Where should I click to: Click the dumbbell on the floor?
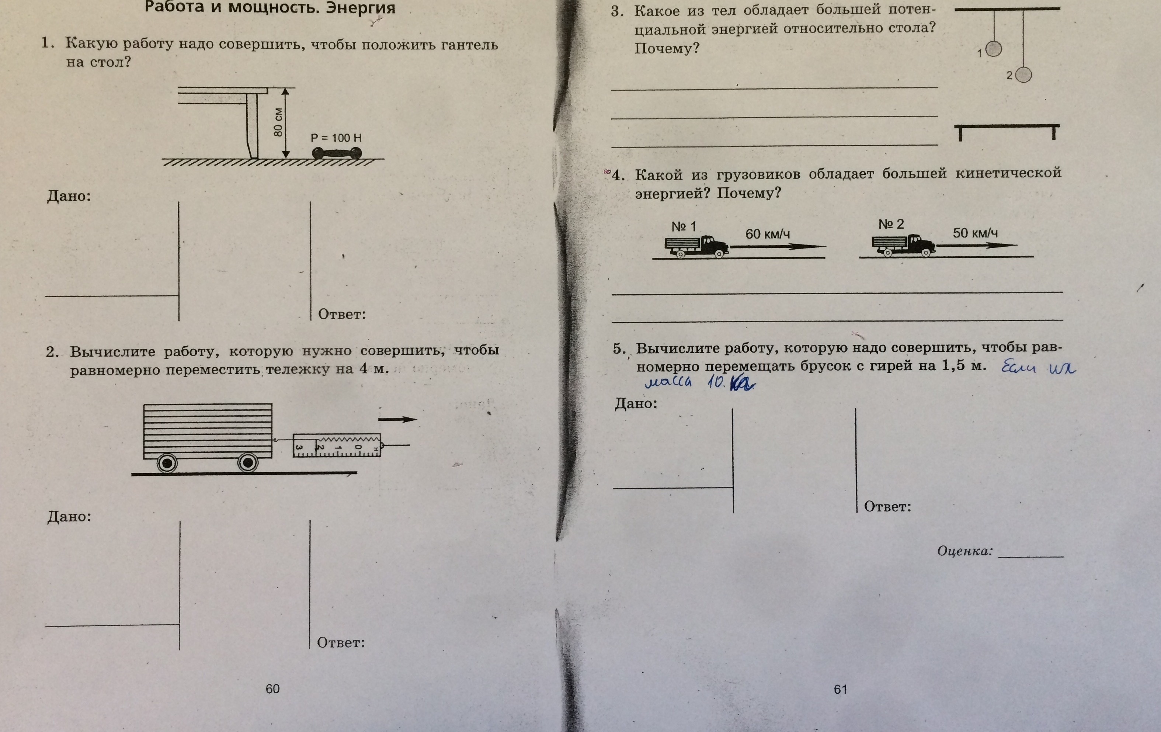click(337, 153)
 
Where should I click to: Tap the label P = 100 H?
click(336, 138)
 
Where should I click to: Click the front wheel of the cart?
click(248, 463)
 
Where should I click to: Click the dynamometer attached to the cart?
click(337, 445)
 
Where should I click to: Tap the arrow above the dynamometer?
click(397, 419)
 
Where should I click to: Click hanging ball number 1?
click(994, 49)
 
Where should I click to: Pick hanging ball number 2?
click(1023, 75)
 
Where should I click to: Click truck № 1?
click(697, 246)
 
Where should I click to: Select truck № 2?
click(904, 244)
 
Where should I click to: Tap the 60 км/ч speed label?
click(768, 234)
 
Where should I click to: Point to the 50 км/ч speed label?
click(975, 233)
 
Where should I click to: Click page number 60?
click(272, 688)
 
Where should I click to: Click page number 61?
click(840, 689)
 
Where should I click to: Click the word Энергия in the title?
click(360, 8)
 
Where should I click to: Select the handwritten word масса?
click(668, 382)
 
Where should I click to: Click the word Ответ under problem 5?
click(887, 507)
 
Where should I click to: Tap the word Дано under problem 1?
click(69, 196)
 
